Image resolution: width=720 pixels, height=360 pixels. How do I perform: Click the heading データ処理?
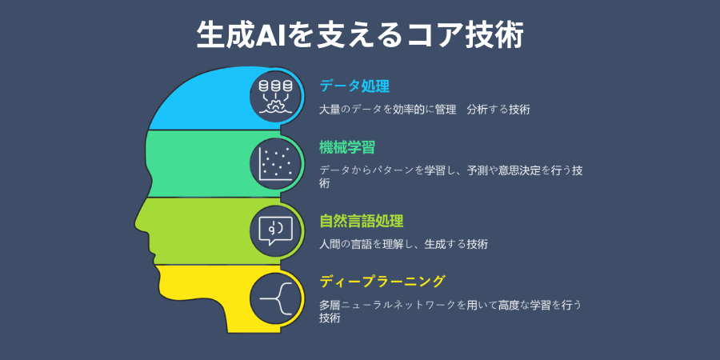354,85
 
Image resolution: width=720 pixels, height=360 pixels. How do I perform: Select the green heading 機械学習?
347,147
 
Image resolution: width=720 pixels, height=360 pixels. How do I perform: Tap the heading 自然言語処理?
361,221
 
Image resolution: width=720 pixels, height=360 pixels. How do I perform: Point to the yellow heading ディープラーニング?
382,282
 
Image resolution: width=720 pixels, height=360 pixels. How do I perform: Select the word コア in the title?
433,35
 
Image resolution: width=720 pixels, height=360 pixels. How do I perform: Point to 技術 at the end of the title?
496,35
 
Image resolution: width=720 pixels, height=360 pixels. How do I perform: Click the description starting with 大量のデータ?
424,108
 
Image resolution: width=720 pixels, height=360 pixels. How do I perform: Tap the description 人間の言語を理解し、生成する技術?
403,243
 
